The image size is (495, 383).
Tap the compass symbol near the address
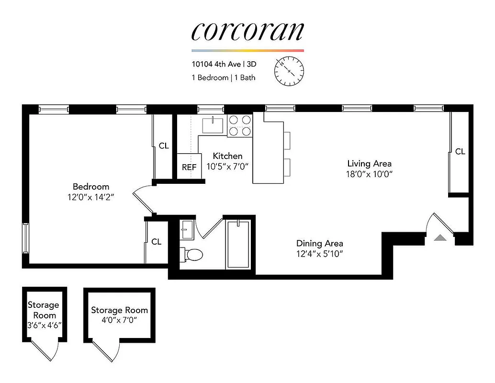pyautogui.click(x=289, y=71)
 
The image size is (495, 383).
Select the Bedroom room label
pyautogui.click(x=91, y=186)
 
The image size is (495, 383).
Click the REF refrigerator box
pyautogui.click(x=189, y=167)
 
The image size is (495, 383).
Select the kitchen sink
pyautogui.click(x=213, y=125)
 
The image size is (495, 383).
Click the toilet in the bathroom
pyautogui.click(x=192, y=254)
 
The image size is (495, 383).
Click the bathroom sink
pyautogui.click(x=187, y=229)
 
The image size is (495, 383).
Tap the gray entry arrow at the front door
pyautogui.click(x=440, y=237)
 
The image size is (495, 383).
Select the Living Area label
pyautogui.click(x=369, y=164)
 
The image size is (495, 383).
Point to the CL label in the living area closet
pyautogui.click(x=460, y=151)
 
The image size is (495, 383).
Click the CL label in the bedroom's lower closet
pyautogui.click(x=156, y=242)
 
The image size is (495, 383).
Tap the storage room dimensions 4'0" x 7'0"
pyautogui.click(x=119, y=320)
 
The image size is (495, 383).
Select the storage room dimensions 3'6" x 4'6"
pyautogui.click(x=44, y=325)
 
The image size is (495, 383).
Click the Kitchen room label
pyautogui.click(x=227, y=156)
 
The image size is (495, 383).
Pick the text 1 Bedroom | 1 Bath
pyautogui.click(x=224, y=77)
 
